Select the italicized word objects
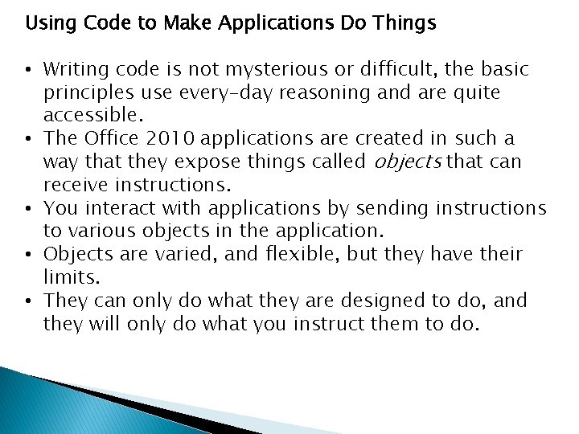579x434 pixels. pos(408,163)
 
